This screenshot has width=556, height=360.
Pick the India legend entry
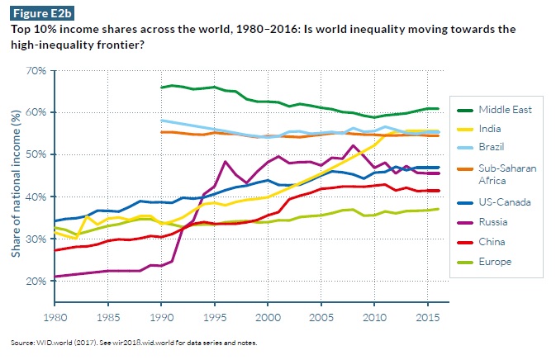click(x=479, y=128)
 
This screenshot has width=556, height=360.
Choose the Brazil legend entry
click(x=482, y=148)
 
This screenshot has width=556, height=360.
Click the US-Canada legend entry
click(x=490, y=201)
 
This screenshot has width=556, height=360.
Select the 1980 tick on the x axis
click(x=55, y=316)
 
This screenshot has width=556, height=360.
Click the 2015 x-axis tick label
click(x=425, y=316)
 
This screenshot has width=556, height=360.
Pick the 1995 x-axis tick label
click(x=213, y=316)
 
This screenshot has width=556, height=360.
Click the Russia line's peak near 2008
click(x=354, y=146)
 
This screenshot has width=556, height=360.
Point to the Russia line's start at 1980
click(x=55, y=277)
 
